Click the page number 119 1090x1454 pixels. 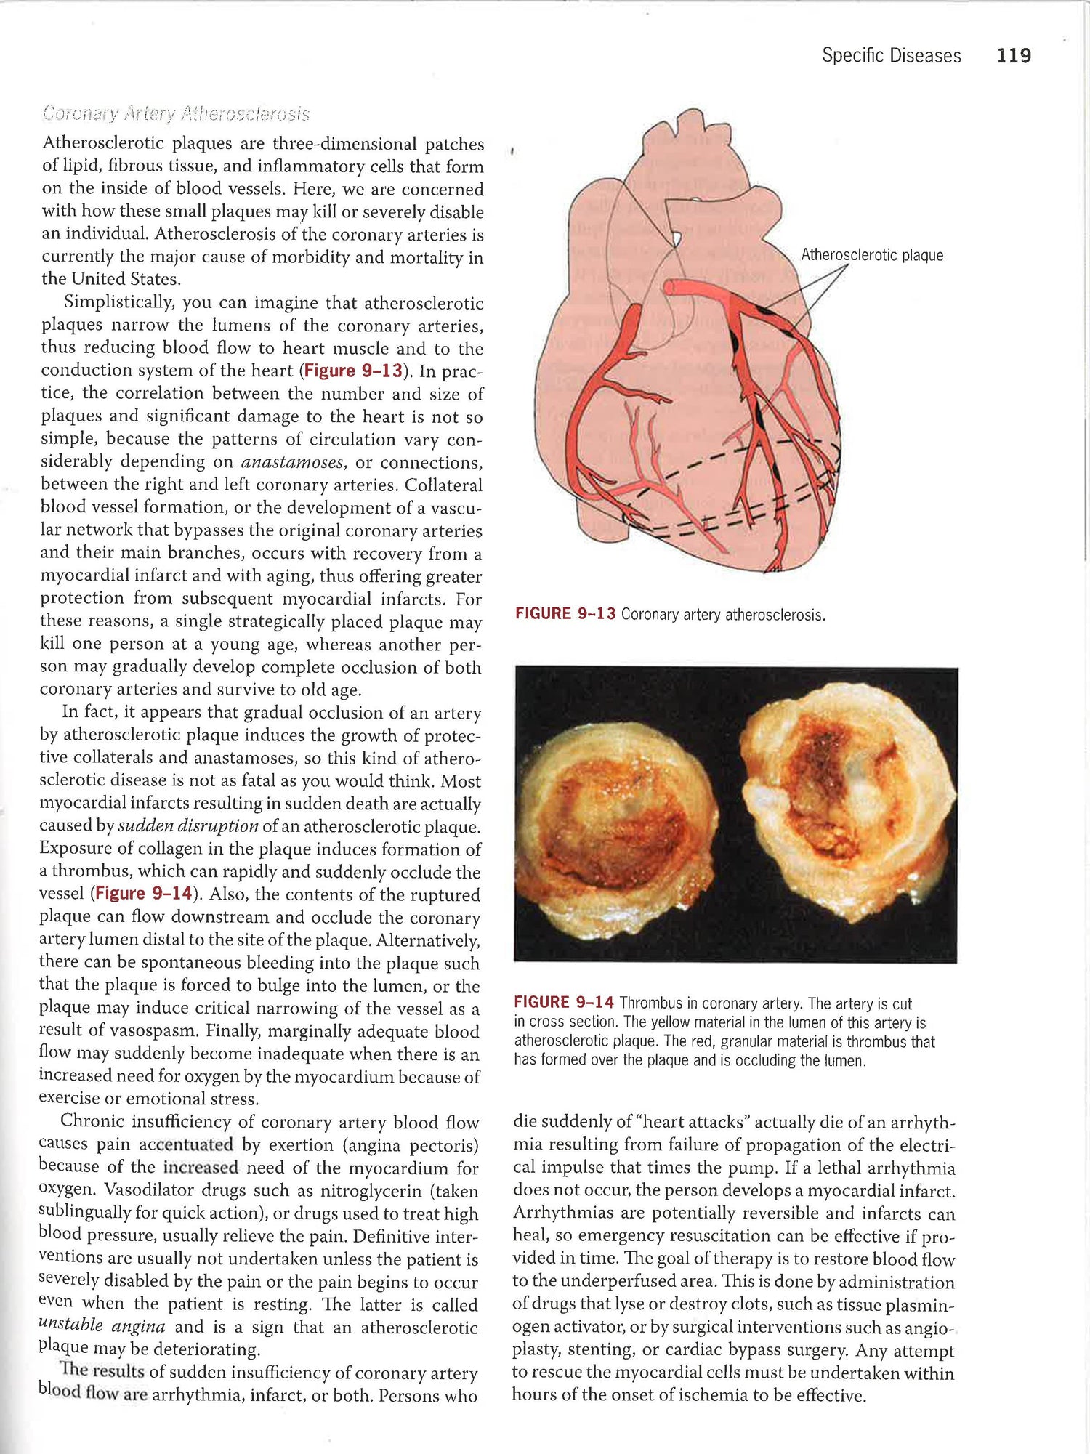tap(1014, 56)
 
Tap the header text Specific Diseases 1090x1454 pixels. tap(891, 56)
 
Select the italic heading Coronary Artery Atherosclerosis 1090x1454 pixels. tap(176, 114)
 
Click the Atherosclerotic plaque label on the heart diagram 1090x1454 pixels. tap(871, 255)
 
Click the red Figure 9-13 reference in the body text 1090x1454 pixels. tap(353, 371)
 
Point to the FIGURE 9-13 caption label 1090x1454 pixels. tap(565, 614)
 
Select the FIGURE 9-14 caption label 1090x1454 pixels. tap(564, 1003)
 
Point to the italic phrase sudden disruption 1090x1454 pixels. tap(188, 826)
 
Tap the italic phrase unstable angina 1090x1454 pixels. tap(102, 1326)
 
